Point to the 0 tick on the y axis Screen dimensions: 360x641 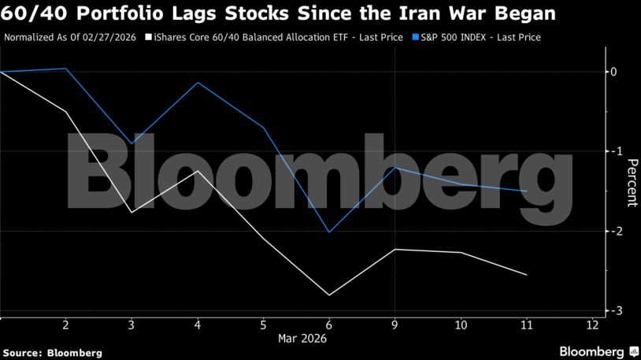[x=613, y=72]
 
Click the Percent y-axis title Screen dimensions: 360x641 [x=632, y=183]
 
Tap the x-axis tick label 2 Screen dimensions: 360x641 [x=66, y=325]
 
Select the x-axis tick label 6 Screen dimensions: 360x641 [x=329, y=325]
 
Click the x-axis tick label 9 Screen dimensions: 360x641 [x=395, y=325]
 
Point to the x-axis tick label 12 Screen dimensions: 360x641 [x=591, y=325]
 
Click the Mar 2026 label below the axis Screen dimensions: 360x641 [x=302, y=338]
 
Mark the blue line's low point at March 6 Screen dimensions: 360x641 [x=329, y=232]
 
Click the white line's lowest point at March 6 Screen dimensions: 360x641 [x=329, y=295]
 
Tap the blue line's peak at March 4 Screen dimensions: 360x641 [x=198, y=83]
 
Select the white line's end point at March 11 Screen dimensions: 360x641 [x=527, y=275]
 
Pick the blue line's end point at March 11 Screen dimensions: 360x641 [x=527, y=191]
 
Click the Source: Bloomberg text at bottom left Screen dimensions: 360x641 [x=53, y=352]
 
